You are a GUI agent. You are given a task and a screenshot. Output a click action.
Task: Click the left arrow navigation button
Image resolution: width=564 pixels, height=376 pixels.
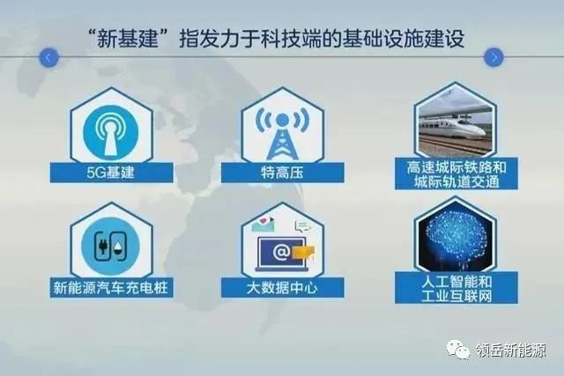pyautogui.click(x=48, y=57)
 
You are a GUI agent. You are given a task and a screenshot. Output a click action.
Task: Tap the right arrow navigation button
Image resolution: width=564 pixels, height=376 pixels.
pyautogui.click(x=493, y=57)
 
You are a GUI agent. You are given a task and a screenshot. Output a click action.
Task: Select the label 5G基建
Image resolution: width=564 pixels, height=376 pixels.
pyautogui.click(x=111, y=173)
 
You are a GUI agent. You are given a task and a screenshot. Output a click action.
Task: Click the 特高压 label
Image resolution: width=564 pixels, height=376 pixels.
pyautogui.click(x=282, y=173)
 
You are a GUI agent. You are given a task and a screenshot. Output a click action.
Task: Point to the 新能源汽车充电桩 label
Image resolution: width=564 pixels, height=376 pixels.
pyautogui.click(x=111, y=287)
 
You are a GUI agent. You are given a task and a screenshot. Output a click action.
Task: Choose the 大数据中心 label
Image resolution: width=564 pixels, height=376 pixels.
pyautogui.click(x=282, y=287)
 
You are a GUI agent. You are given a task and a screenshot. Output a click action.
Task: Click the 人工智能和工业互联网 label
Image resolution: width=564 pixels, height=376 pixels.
pyautogui.click(x=456, y=288)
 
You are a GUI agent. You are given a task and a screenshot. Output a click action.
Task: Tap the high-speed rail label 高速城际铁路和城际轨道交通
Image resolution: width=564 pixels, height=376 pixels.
pyautogui.click(x=456, y=173)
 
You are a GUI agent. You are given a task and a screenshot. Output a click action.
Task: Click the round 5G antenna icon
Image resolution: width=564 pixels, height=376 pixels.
pyautogui.click(x=111, y=132)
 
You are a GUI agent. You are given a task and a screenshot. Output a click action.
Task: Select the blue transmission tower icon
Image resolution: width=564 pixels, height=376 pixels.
pyautogui.click(x=282, y=134)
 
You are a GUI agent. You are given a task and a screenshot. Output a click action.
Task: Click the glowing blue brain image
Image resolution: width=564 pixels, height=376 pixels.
pyautogui.click(x=456, y=239)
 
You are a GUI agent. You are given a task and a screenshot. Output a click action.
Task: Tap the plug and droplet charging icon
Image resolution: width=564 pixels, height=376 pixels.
pyautogui.click(x=111, y=247)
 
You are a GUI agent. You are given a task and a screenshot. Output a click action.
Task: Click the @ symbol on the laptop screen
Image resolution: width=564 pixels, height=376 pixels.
pyautogui.click(x=281, y=252)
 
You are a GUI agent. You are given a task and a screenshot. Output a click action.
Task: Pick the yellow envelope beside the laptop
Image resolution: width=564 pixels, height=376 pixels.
pyautogui.click(x=303, y=253)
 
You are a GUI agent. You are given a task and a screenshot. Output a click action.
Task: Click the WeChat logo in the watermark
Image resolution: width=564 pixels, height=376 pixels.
pyautogui.click(x=458, y=350)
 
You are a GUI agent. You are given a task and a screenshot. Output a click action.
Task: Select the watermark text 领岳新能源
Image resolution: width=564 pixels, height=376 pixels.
pyautogui.click(x=511, y=350)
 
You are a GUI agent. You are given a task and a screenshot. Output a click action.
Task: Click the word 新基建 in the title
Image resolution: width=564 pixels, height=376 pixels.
pyautogui.click(x=127, y=39)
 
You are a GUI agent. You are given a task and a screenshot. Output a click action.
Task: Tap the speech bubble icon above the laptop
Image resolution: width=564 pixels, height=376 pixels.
pyautogui.click(x=302, y=225)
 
